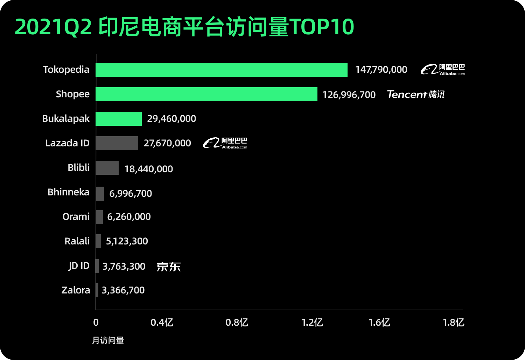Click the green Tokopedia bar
[221, 70]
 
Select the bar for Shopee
[206, 94]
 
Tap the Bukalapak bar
[119, 119]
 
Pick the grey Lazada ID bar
[117, 143]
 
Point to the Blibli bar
[107, 168]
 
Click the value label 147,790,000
[381, 70]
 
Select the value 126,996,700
[349, 95]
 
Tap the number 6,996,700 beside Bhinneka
[131, 194]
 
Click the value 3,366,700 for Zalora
[123, 290]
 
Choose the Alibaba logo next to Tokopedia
[443, 70]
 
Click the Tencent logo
[415, 95]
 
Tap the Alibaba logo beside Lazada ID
[225, 143]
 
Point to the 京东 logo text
[168, 267]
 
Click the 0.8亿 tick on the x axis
[237, 323]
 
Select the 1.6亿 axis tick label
[379, 323]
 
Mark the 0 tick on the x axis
[96, 323]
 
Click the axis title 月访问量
[108, 340]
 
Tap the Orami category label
[76, 217]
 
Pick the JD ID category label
[79, 266]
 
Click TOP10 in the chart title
[322, 27]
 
